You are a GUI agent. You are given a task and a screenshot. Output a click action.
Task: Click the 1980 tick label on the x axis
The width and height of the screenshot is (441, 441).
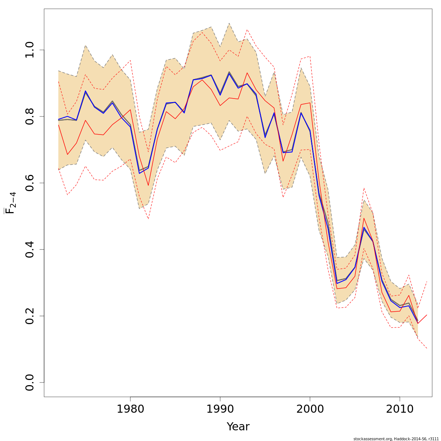coord(130,409)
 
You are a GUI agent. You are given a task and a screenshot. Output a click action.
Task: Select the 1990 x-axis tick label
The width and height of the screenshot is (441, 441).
coord(220,409)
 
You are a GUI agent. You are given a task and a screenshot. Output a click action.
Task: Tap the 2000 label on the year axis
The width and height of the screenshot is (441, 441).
coord(310,409)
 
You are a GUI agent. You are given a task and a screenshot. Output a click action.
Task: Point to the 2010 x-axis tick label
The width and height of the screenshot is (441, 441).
coord(399,409)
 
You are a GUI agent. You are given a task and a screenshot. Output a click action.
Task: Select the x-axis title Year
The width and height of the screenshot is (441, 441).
coord(238,427)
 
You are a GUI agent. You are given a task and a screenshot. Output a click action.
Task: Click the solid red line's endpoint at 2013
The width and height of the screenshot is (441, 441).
coord(427,315)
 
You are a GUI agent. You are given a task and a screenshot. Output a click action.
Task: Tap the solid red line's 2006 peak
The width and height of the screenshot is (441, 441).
coord(364,218)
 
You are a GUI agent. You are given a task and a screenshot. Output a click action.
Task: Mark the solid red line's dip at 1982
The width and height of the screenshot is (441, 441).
coord(148,186)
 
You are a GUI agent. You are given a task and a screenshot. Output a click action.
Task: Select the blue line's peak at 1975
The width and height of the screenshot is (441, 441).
coord(85,91)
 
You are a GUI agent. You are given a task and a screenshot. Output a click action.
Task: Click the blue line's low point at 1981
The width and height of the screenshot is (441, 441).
coord(139,173)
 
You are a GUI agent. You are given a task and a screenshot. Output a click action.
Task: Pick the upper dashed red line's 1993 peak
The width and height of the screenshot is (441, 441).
coord(247,30)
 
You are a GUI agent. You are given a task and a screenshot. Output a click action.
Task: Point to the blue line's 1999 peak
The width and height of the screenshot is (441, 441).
coord(301,112)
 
